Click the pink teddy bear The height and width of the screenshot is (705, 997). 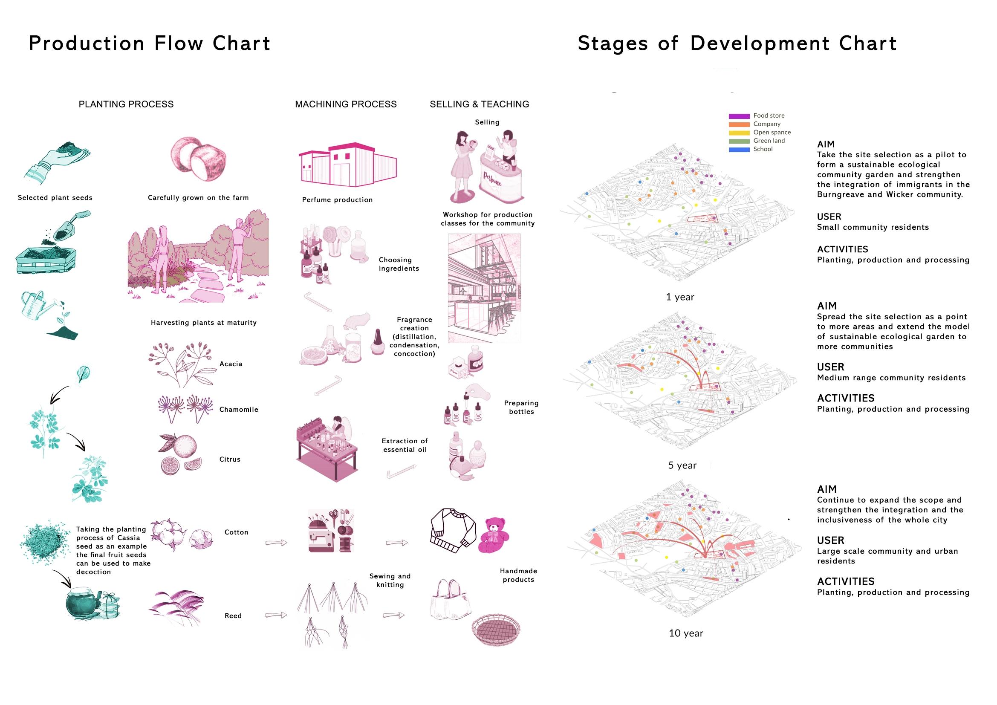point(494,535)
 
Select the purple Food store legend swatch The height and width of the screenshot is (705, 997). point(739,116)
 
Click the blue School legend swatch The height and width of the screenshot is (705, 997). point(739,149)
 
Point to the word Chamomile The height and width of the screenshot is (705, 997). point(238,409)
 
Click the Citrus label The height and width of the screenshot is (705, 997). point(230,459)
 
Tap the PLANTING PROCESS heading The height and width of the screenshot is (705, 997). point(126,104)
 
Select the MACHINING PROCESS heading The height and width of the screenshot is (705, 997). point(346,104)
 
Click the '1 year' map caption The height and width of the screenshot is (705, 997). point(680,298)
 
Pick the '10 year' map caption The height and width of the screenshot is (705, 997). point(686,633)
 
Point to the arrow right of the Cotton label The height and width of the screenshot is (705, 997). point(276,543)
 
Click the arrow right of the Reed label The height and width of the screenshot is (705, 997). point(276,615)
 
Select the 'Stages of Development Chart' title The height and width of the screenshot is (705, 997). point(737,44)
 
